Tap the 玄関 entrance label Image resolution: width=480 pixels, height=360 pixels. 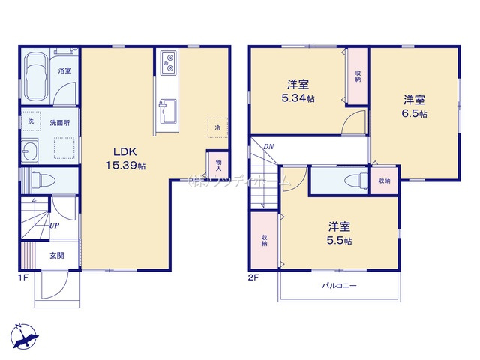57,255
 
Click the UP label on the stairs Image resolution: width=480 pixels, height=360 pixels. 55,225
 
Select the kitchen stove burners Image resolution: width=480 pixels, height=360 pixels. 166,63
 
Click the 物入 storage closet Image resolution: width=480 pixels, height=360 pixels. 218,163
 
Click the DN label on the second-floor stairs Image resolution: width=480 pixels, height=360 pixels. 268,147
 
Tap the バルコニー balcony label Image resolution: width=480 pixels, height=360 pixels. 339,286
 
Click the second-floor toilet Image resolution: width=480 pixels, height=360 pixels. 351,181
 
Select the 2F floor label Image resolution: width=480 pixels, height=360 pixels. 254,277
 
